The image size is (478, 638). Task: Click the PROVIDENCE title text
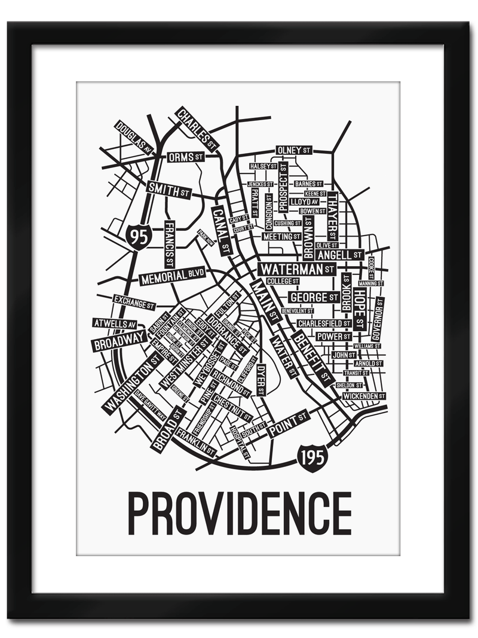pyautogui.click(x=239, y=513)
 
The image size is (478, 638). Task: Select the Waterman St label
pyautogui.click(x=298, y=269)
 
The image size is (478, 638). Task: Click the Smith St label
pyautogui.click(x=169, y=190)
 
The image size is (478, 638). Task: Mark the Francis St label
pyautogui.click(x=169, y=245)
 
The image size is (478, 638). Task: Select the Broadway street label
pyautogui.click(x=119, y=341)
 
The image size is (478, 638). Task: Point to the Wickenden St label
pyautogui.click(x=364, y=396)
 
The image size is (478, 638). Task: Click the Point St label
pyautogui.click(x=288, y=423)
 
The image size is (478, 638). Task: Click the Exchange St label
pyautogui.click(x=134, y=303)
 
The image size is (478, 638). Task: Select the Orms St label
pyautogui.click(x=185, y=157)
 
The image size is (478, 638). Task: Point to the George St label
pyautogui.click(x=314, y=297)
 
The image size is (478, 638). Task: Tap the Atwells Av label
pyautogui.click(x=115, y=323)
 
